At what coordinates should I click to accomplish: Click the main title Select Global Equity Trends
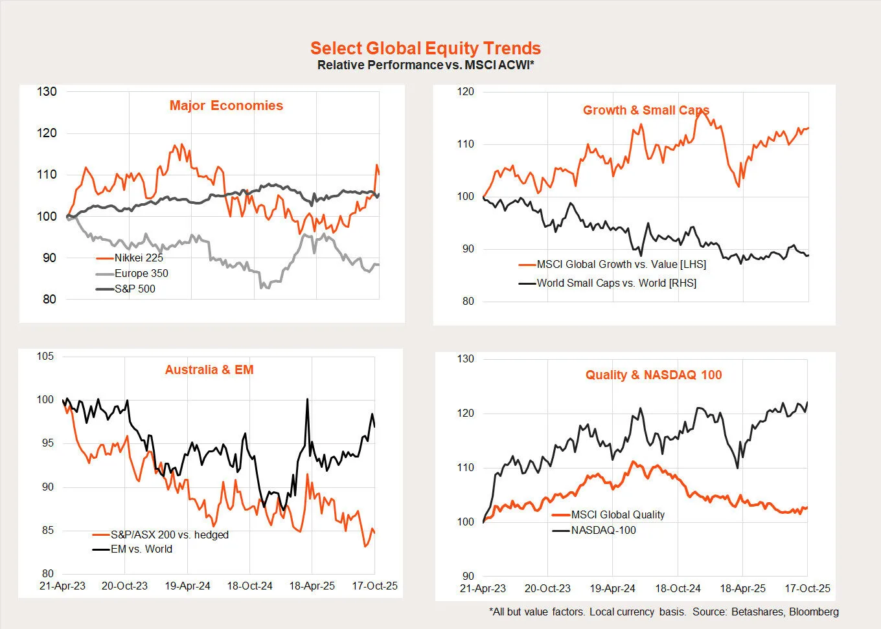tap(426, 49)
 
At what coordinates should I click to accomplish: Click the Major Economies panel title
tap(226, 105)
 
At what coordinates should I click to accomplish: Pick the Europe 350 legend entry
tap(141, 273)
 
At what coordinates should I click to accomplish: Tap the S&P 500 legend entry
tap(135, 289)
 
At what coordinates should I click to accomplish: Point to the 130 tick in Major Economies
tap(47, 91)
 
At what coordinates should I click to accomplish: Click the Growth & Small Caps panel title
tap(646, 110)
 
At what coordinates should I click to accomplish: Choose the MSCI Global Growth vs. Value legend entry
tap(621, 264)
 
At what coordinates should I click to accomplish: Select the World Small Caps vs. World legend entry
tap(616, 283)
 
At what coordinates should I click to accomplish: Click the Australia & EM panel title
tap(209, 370)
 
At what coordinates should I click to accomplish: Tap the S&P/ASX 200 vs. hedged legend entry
tap(169, 535)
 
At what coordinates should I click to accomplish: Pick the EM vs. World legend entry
tap(141, 549)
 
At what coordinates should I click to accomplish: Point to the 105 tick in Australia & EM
tap(45, 356)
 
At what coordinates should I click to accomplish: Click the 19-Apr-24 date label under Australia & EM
tap(187, 586)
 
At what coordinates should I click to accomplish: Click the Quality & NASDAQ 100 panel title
tap(654, 375)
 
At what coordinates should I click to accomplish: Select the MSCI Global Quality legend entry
tap(617, 514)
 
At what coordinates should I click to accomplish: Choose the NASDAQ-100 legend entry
tap(603, 530)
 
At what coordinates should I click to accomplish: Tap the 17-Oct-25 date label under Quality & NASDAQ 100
tap(807, 588)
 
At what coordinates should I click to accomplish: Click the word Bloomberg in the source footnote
tap(814, 612)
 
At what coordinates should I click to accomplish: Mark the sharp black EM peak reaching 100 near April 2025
tap(307, 399)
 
